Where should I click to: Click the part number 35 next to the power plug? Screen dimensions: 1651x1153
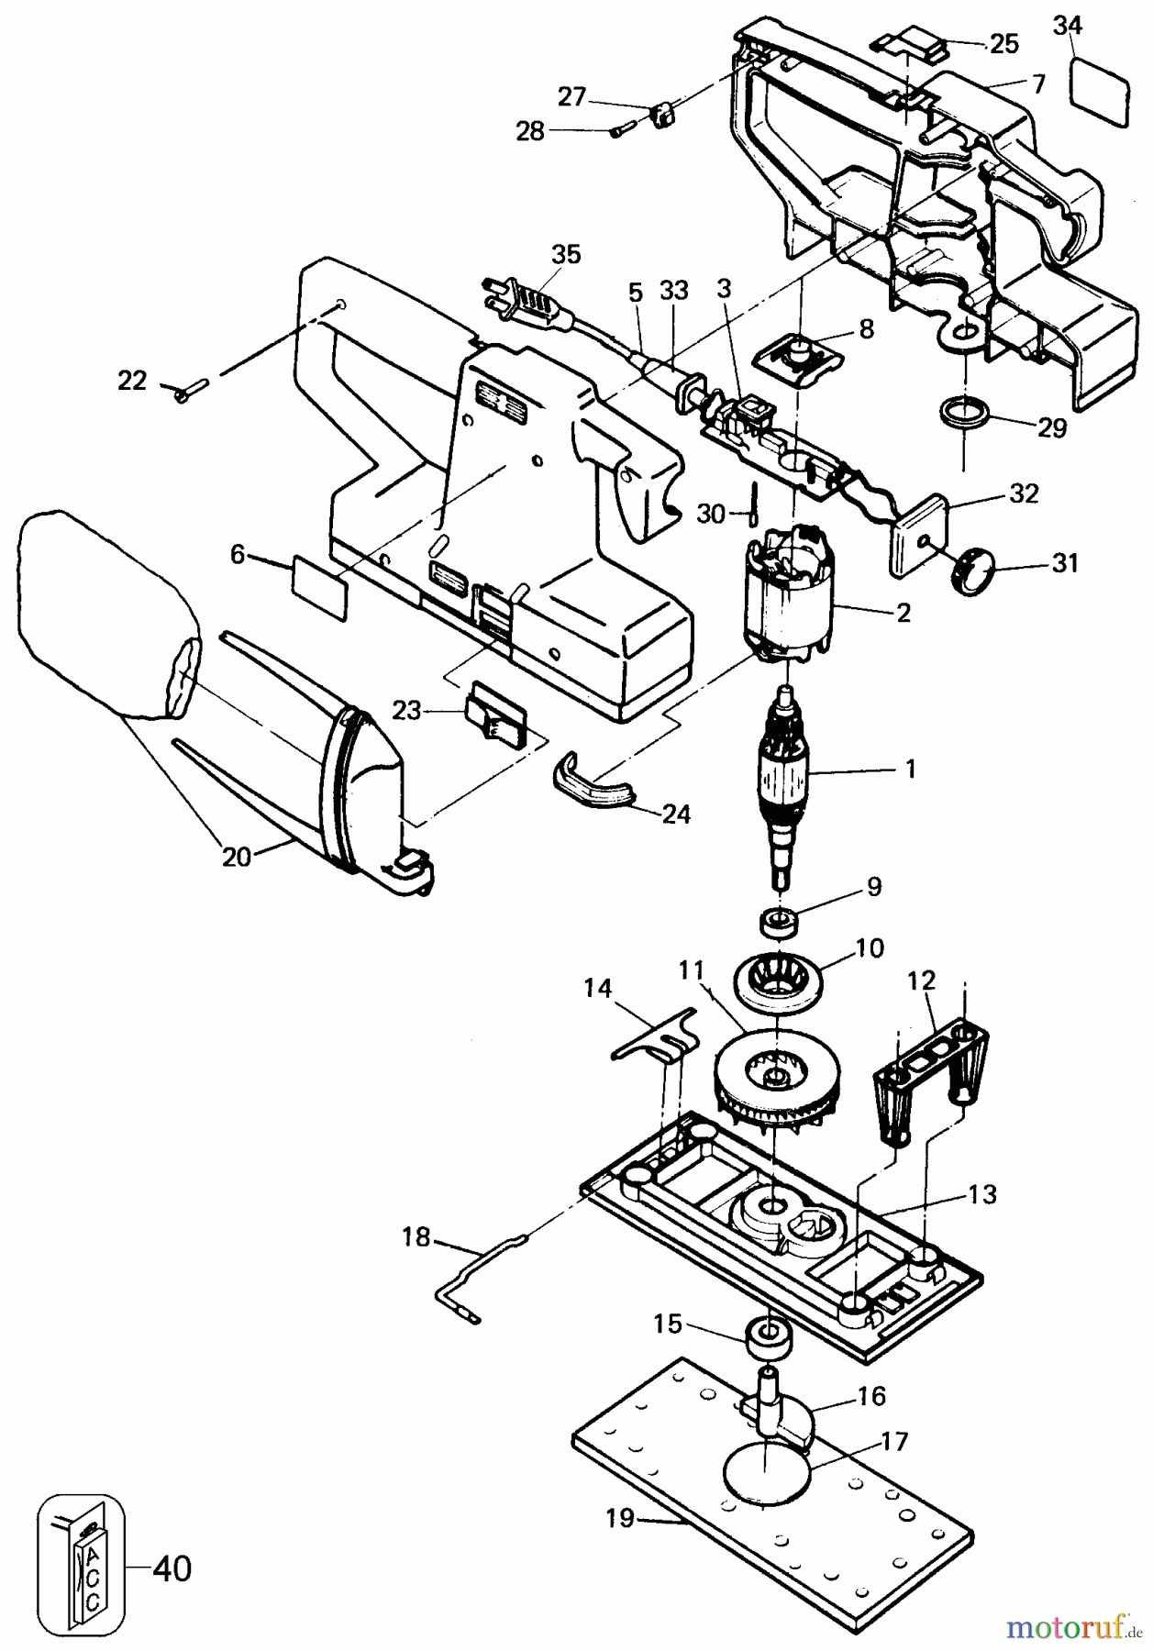tap(566, 254)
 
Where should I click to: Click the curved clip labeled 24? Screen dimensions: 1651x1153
tap(592, 789)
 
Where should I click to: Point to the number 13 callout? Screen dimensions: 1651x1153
tap(981, 1195)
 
